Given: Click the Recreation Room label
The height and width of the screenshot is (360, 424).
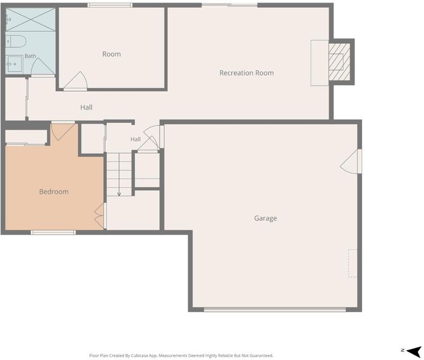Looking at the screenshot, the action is tap(246, 73).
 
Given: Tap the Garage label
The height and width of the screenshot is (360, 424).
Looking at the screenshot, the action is tap(265, 218).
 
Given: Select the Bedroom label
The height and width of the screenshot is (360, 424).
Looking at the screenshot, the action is tap(54, 191).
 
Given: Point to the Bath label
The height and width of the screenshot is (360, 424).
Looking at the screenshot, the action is tap(30, 56).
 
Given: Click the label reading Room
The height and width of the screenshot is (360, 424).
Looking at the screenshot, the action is tap(112, 54).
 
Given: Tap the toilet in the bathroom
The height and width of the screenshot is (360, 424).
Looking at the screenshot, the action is tap(16, 41).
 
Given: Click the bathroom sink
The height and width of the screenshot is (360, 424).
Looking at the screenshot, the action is tap(14, 64).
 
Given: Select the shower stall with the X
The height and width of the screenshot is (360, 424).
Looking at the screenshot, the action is tap(31, 19).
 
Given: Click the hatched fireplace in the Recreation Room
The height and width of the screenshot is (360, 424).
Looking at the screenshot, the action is tap(339, 62).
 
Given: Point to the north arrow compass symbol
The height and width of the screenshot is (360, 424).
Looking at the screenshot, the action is tap(412, 352).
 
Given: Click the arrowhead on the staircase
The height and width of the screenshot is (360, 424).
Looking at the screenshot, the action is tap(119, 194).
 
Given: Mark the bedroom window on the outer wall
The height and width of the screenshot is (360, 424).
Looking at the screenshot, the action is tap(53, 232).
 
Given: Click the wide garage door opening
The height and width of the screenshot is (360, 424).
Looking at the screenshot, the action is tap(275, 310).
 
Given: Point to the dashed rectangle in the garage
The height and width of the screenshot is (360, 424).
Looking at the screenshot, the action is tap(353, 263).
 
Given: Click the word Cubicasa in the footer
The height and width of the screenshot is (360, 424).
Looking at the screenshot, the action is tap(139, 355).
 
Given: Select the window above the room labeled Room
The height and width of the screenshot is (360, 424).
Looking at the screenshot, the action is tap(110, 5).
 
